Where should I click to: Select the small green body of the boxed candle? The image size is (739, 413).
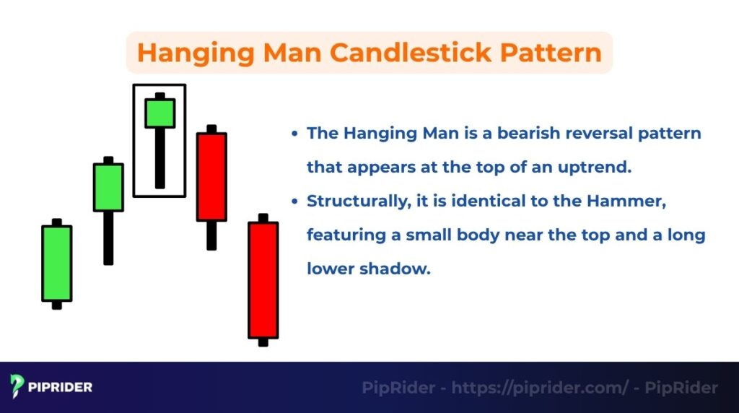pos(159,113)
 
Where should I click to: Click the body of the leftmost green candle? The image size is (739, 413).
pos(57,263)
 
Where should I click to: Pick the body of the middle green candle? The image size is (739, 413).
pos(108,187)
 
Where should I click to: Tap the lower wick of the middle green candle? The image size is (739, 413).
pos(108,238)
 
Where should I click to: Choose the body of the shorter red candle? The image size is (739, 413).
pos(211,176)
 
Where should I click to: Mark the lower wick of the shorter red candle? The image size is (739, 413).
pos(211,235)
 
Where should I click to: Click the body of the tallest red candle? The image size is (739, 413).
pos(263,279)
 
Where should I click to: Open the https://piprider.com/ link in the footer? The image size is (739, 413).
pos(540,388)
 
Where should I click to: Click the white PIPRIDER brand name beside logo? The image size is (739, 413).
pos(61,388)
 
